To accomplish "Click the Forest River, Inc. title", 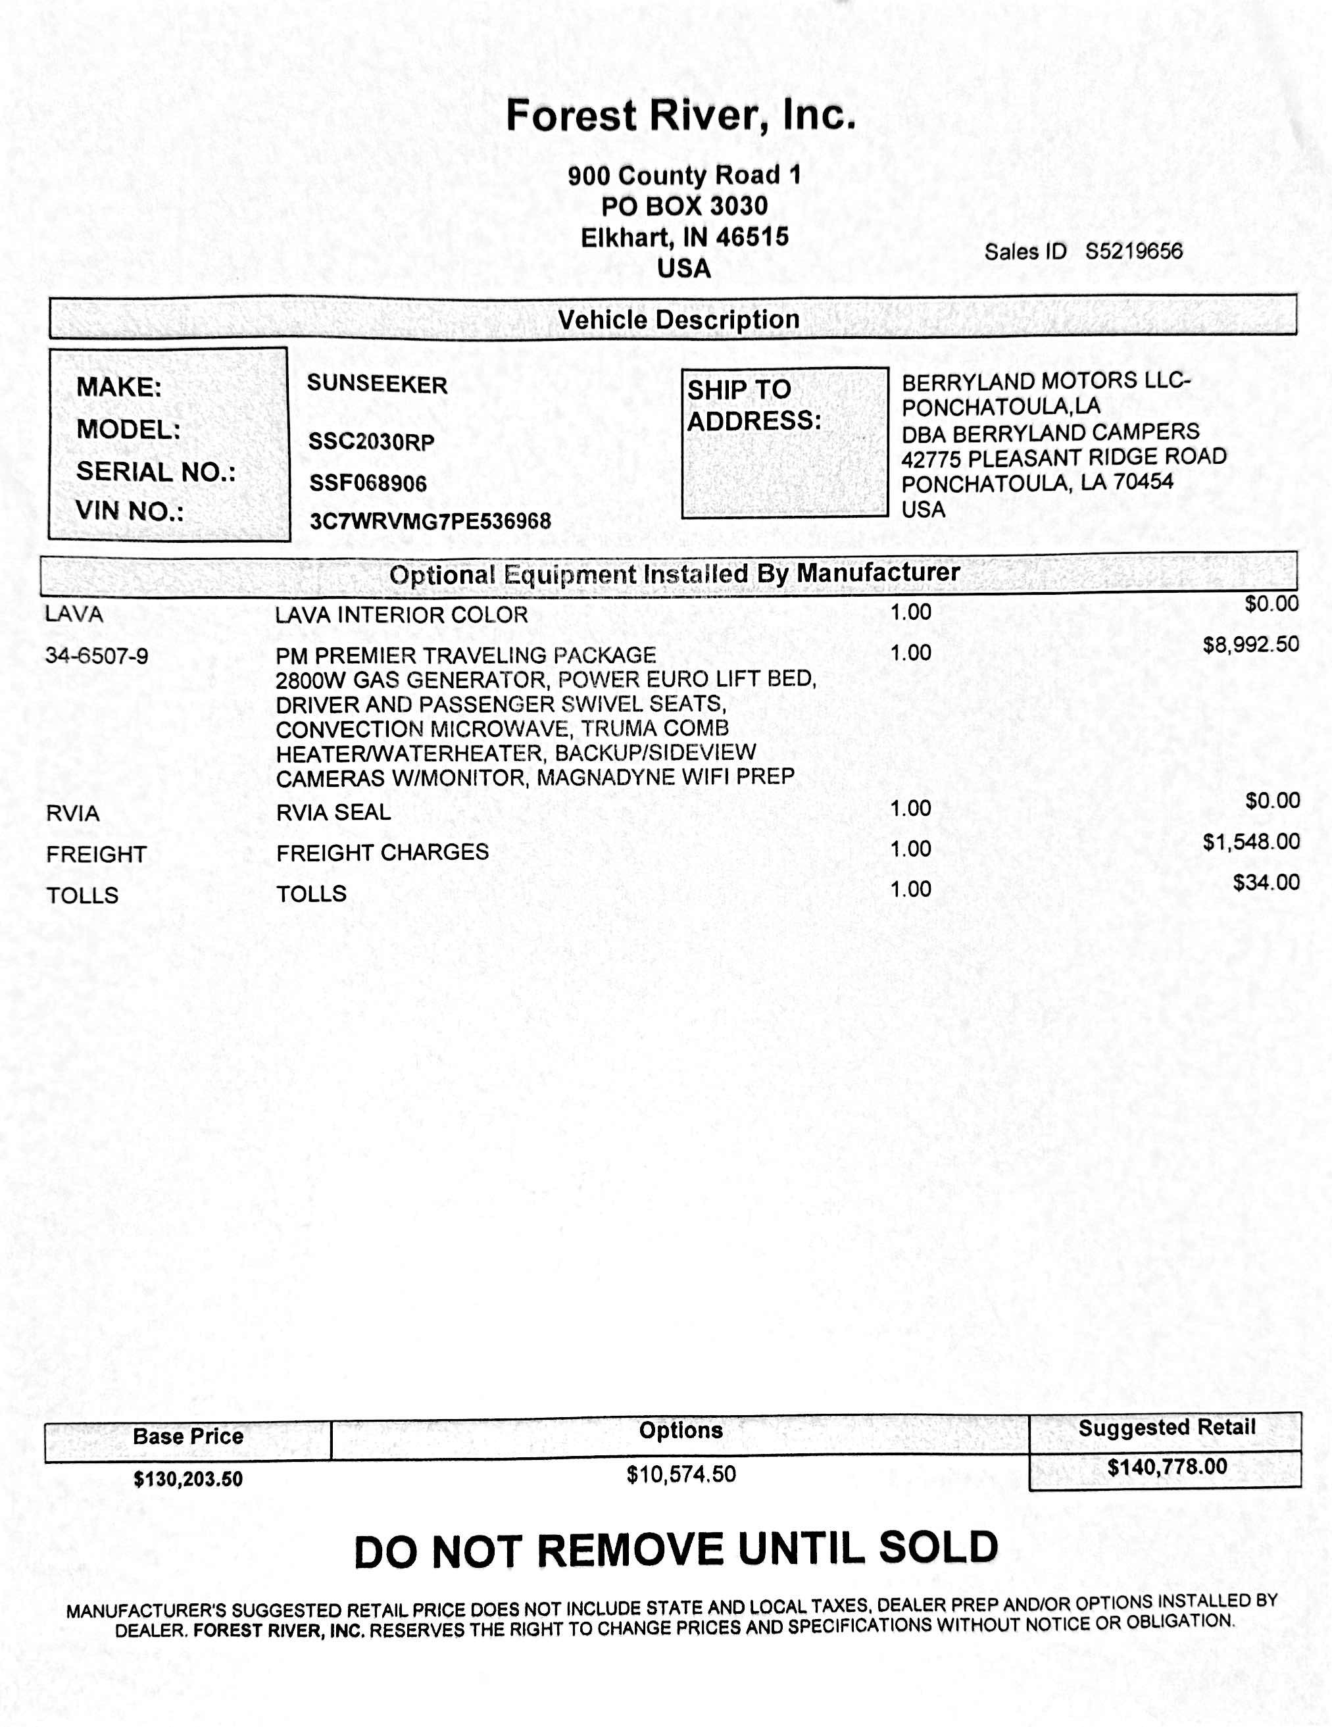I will click(x=681, y=115).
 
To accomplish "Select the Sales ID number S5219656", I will click(x=1133, y=251).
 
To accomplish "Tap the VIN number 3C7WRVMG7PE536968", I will click(x=430, y=521).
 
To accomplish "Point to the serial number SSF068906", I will click(x=368, y=483).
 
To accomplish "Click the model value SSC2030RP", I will click(x=372, y=441).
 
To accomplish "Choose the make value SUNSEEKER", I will click(x=377, y=384).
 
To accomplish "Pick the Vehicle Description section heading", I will click(x=679, y=320).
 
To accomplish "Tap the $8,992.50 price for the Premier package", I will click(x=1250, y=645).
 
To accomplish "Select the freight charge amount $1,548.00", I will click(x=1251, y=841).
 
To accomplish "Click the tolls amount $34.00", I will click(x=1266, y=882).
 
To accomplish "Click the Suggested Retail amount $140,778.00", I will click(x=1167, y=1467).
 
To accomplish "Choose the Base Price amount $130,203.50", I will click(x=188, y=1479).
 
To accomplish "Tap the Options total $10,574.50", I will click(x=681, y=1474).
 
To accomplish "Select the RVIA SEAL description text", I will click(x=333, y=812).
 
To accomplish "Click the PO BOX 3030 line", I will click(x=685, y=207).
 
